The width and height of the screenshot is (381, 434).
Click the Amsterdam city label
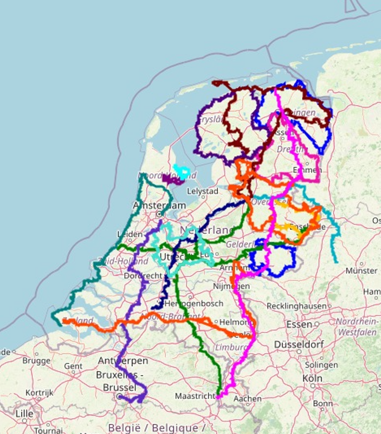(x=159, y=206)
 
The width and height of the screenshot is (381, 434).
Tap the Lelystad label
(x=203, y=191)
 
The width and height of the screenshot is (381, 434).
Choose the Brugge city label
(x=36, y=360)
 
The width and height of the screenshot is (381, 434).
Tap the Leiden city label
(x=131, y=234)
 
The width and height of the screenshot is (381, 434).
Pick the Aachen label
(x=247, y=398)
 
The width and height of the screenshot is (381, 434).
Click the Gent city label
(x=73, y=366)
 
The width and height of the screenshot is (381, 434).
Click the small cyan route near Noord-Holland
(x=181, y=170)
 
